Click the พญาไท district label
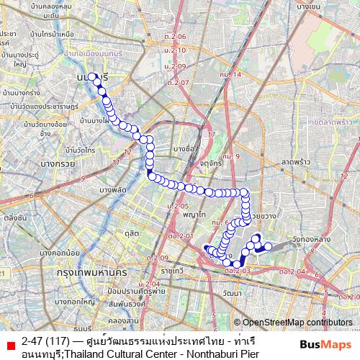(191, 215)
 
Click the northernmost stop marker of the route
(92, 76)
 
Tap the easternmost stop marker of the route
(268, 246)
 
